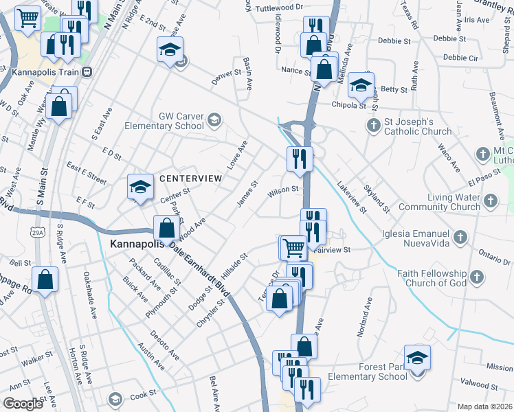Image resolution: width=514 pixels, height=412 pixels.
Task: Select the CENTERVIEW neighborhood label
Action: click(x=190, y=178)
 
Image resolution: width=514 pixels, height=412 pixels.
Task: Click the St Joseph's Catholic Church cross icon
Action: click(x=373, y=125)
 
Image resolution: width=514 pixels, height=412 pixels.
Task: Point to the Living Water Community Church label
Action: click(x=439, y=202)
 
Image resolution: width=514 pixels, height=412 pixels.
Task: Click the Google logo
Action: click(x=23, y=403)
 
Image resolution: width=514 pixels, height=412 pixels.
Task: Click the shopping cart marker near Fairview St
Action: click(x=293, y=247)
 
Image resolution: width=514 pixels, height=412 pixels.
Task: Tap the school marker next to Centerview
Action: click(x=140, y=187)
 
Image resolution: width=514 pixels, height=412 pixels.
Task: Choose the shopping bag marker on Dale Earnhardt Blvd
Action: click(x=167, y=227)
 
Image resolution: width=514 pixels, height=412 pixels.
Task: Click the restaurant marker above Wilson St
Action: click(x=300, y=159)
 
